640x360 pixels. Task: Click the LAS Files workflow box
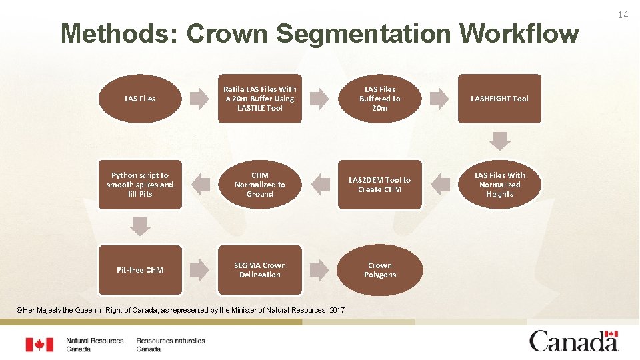coord(140,99)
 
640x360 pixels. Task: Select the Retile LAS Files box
coord(259,99)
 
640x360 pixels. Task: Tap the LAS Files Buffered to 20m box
coord(380,99)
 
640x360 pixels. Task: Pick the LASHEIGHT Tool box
coord(499,99)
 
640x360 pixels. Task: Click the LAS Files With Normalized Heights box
coord(499,185)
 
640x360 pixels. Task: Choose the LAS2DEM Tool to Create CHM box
coord(380,185)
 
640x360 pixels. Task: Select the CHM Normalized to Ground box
coord(259,185)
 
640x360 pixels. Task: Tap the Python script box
coord(140,185)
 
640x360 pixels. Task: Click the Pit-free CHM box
coord(140,270)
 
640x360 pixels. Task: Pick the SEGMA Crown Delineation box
coord(259,270)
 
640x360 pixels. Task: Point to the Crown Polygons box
coord(380,270)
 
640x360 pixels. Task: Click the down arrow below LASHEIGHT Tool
coord(500,141)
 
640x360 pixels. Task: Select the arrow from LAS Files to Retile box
coord(199,99)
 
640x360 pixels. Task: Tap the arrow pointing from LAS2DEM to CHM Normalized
coord(321,182)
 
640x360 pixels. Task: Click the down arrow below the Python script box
coord(140,227)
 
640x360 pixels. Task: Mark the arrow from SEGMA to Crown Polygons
coord(320,269)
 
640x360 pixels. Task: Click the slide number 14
coord(623,15)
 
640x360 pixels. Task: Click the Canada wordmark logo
coord(574,341)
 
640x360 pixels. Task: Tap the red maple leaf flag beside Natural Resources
coord(39,345)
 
